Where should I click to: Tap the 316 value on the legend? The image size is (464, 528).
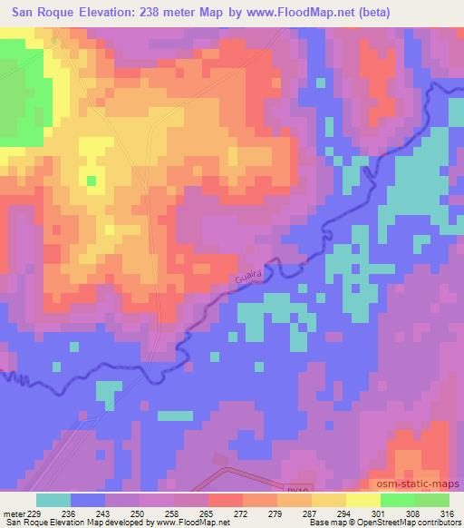[448, 513]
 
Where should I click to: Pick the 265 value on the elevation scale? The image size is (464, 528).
[208, 513]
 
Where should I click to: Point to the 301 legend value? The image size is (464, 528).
[380, 513]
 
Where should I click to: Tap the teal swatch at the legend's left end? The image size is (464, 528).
[53, 501]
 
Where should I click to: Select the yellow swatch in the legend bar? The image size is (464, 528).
[362, 501]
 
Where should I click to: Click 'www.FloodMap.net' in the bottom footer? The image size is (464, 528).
[190, 523]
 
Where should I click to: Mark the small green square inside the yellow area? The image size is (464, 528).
[91, 180]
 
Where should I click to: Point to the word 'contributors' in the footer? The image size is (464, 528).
[439, 523]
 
